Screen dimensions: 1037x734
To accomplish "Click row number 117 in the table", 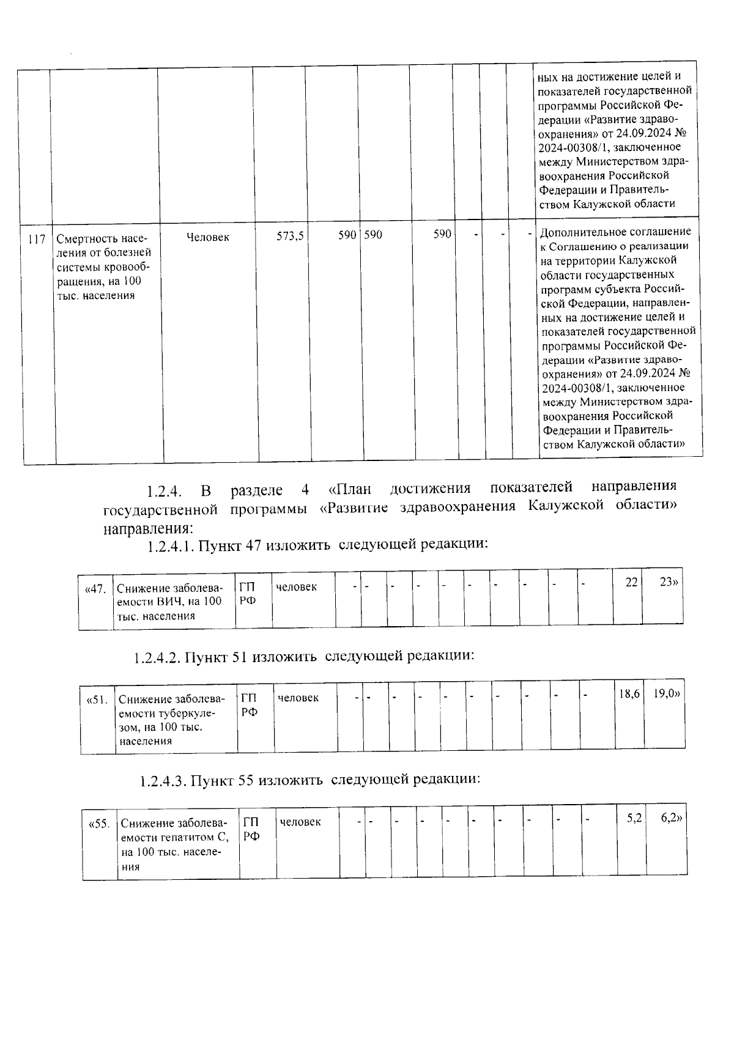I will (37, 239).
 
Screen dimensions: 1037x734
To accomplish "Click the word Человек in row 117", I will (207, 237).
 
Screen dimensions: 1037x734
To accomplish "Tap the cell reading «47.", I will (95, 589).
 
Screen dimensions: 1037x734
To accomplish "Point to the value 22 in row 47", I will (631, 582).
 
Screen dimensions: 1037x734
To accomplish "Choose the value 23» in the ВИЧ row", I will (669, 582).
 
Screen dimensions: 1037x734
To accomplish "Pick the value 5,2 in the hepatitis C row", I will (634, 817).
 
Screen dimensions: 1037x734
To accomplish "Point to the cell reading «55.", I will (100, 824).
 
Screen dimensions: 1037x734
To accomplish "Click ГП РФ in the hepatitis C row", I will (251, 828).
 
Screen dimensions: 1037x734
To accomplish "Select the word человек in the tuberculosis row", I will (298, 698).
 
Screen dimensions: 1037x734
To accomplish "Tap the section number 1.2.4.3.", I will (163, 781).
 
